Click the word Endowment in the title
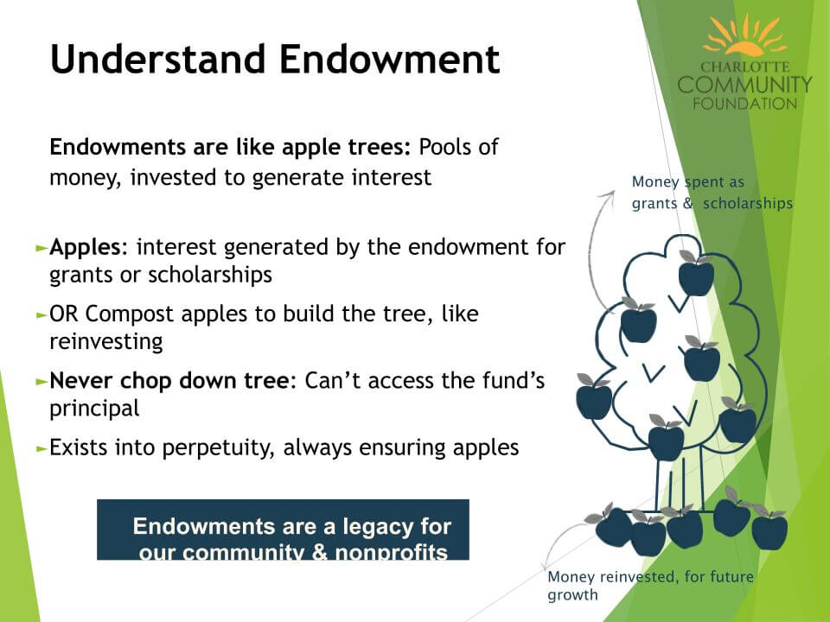pos(390,59)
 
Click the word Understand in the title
pos(157,59)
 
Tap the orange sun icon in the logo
pos(744,35)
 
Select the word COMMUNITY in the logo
pos(744,85)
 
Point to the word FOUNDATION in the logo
pos(744,104)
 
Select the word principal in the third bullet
pos(94,409)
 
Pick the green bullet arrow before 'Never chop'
pos(41,381)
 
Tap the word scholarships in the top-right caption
pos(748,204)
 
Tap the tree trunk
pos(680,481)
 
